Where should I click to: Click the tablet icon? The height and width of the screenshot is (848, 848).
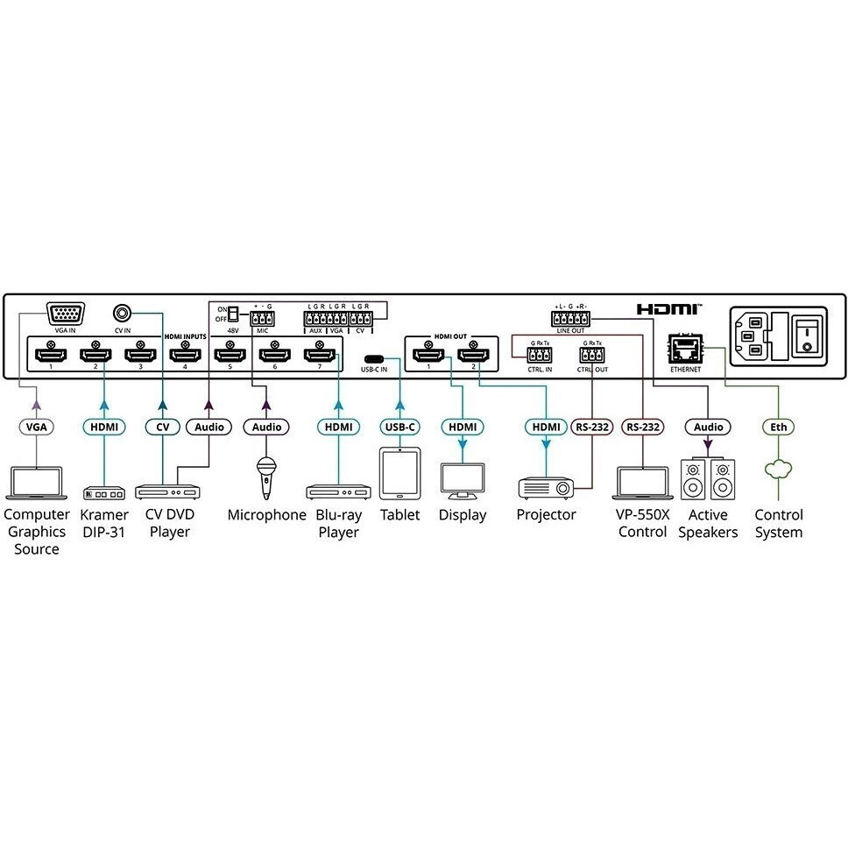399,473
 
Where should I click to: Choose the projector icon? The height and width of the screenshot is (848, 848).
546,487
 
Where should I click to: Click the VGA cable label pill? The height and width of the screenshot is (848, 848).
36,427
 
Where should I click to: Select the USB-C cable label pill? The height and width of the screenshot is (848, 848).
400,427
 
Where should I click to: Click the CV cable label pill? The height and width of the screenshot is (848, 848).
162,427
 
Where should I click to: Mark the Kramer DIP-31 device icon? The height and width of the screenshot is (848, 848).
103,492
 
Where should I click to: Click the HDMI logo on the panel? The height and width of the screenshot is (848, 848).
668,309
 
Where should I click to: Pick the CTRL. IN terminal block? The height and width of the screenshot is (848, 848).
539,356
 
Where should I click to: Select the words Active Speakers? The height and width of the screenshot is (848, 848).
708,524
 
